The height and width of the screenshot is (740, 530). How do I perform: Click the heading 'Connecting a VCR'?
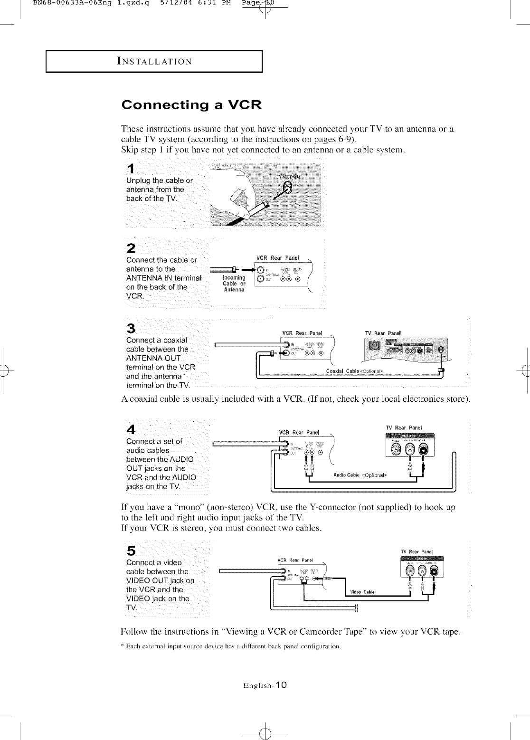coord(191,104)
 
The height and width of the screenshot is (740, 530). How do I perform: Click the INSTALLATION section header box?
coord(154,61)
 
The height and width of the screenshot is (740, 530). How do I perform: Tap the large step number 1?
coord(131,169)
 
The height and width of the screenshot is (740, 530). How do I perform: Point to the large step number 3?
coord(131,328)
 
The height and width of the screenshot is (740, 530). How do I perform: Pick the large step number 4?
coord(131,429)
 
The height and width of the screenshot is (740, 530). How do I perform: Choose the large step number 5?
coord(131,550)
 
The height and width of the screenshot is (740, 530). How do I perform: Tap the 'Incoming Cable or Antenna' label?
coord(234,284)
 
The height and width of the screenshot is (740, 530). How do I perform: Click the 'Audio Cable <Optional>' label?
coord(360,475)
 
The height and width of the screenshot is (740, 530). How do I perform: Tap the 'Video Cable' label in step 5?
coord(362,592)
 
